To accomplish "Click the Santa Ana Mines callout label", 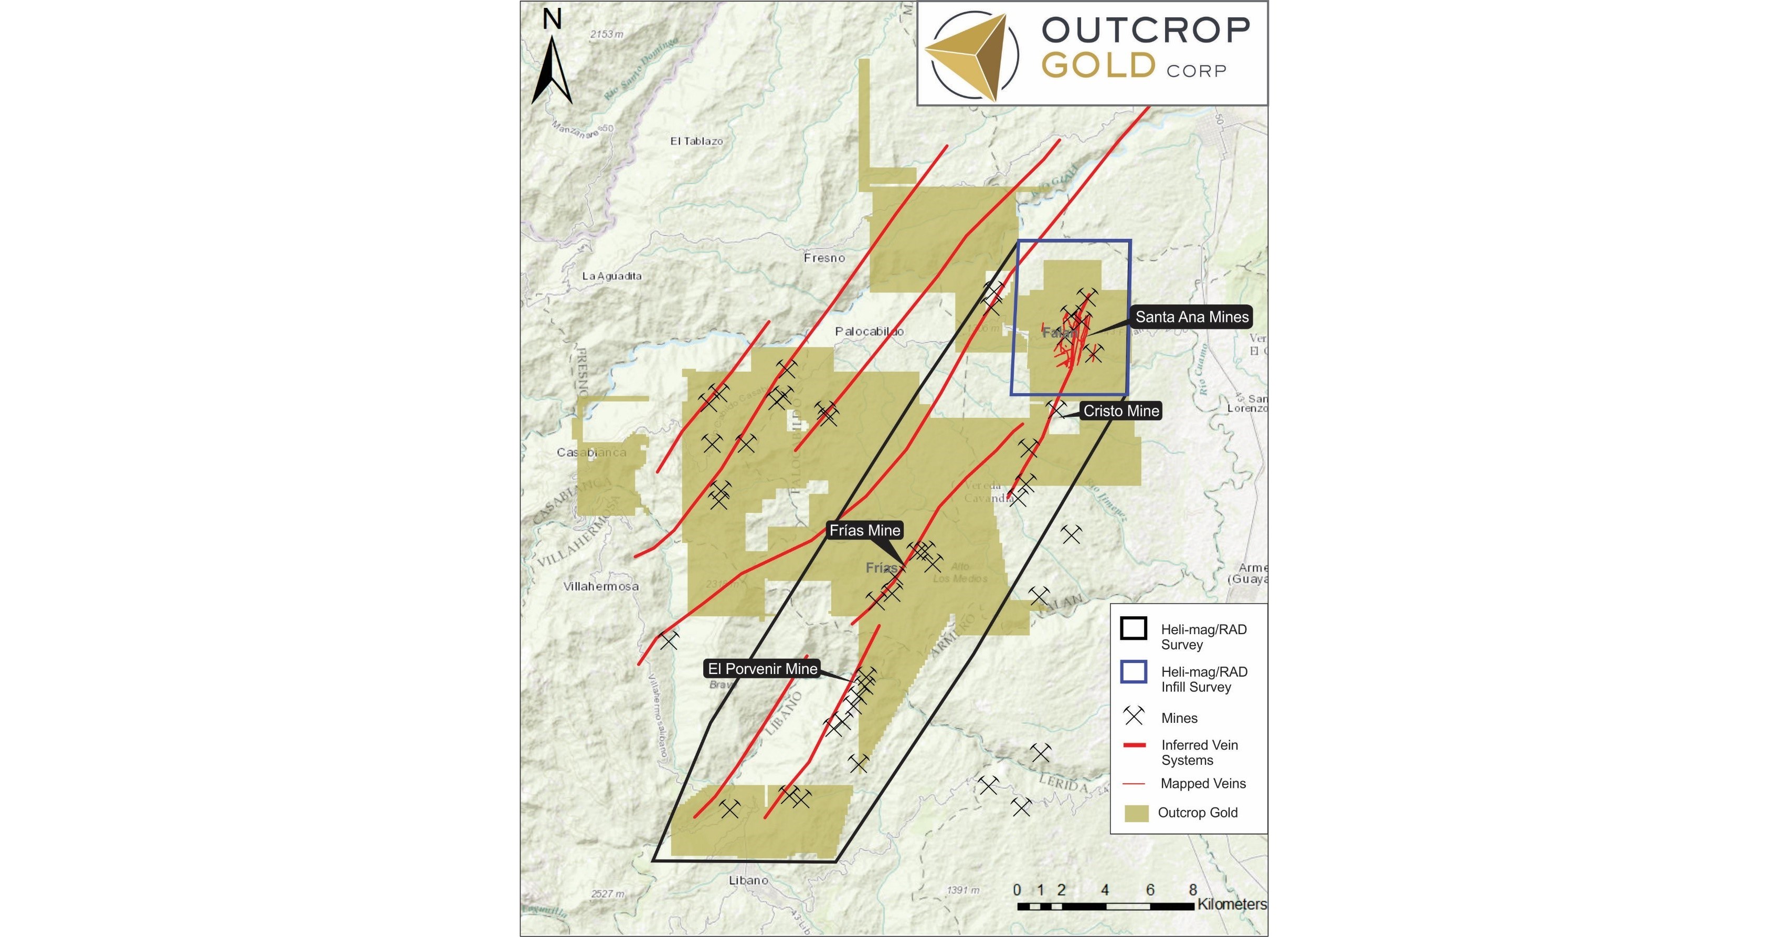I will pos(1192,318).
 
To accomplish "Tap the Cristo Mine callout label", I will pos(1121,411).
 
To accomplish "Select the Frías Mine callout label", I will pos(865,531).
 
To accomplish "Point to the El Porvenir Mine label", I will pos(762,669).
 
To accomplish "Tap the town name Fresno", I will pos(824,258).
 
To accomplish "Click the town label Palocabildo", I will pos(870,332).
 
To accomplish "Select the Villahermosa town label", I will pos(601,587).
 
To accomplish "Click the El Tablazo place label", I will pos(696,142).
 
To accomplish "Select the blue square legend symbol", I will pos(1134,672).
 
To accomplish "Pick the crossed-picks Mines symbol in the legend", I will pos(1134,715).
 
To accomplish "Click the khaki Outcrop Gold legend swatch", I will pos(1136,813).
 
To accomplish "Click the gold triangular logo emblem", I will pos(968,56).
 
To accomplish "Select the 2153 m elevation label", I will pos(606,35).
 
